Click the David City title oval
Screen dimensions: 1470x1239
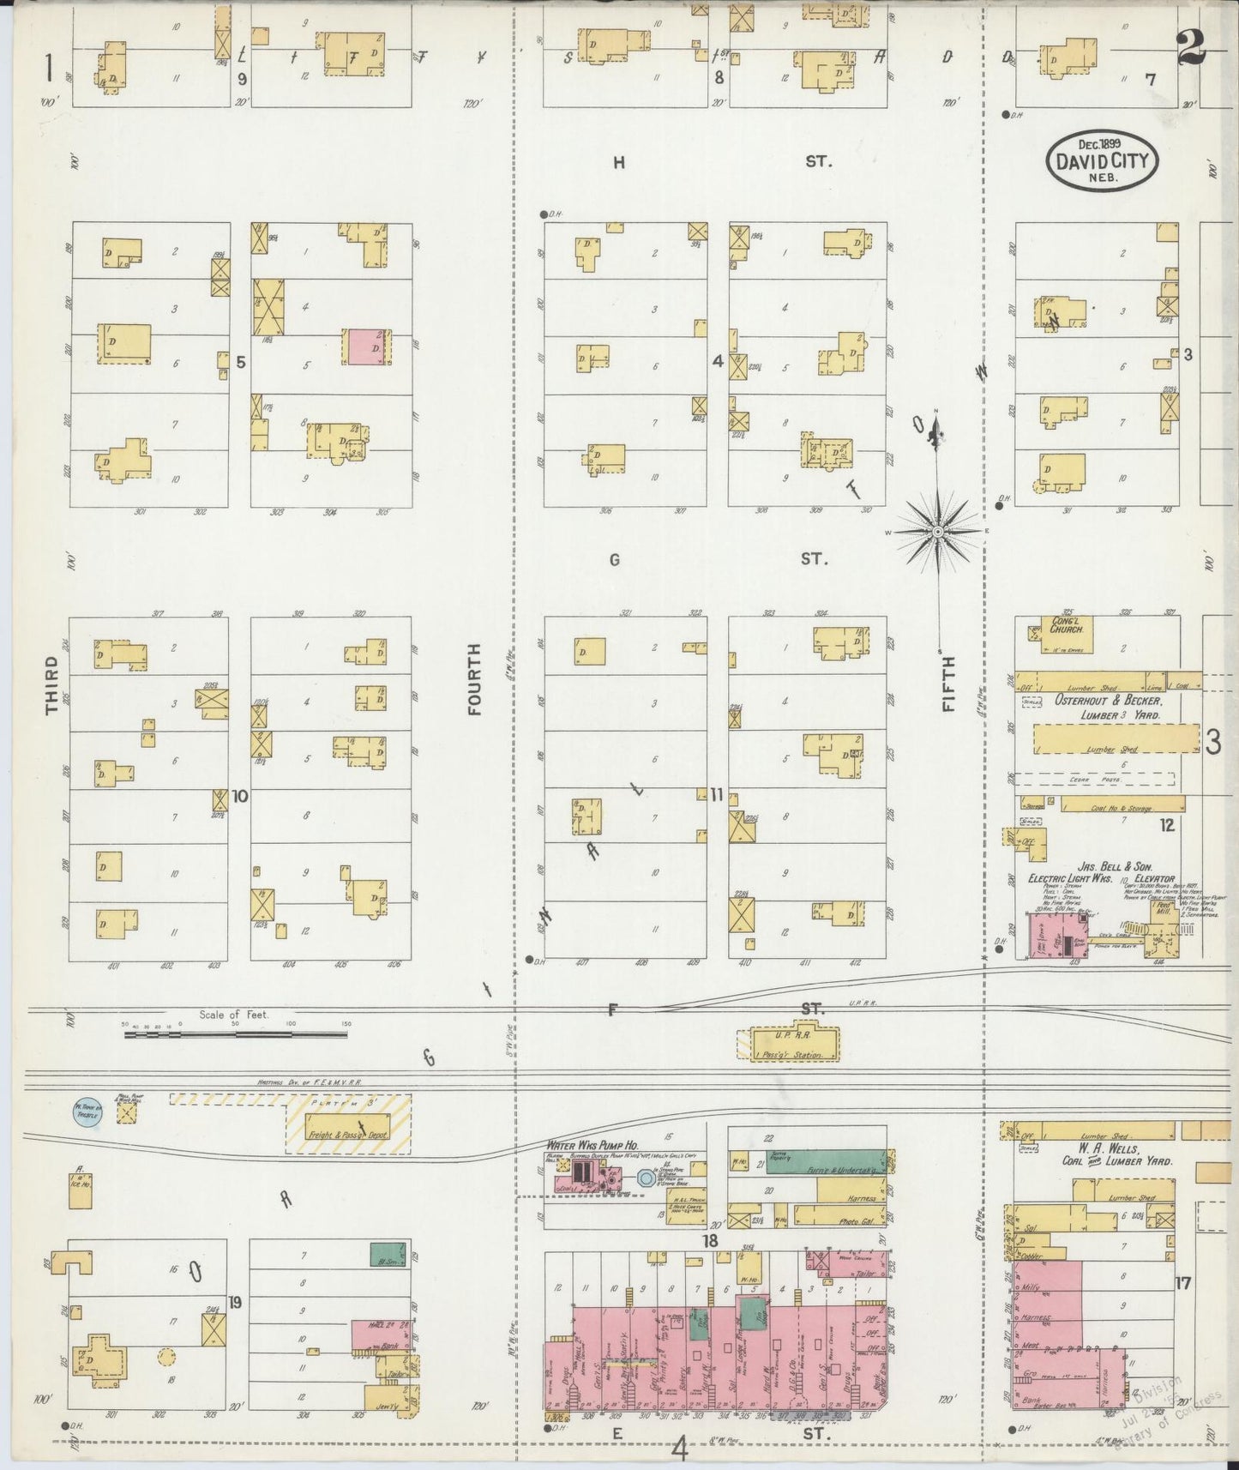click(1102, 156)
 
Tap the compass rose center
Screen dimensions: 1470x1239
click(939, 533)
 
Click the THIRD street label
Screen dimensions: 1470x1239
click(51, 685)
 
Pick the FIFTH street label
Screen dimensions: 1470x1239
click(947, 684)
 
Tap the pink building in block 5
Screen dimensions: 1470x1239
click(367, 349)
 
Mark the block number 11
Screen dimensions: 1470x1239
click(717, 795)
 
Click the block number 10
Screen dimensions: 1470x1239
click(239, 797)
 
